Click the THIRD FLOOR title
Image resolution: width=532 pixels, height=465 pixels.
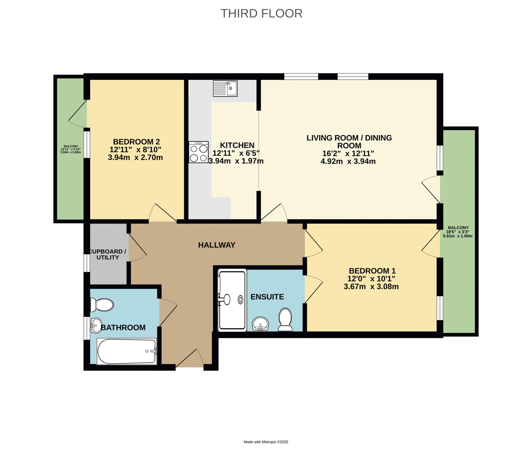point(262,14)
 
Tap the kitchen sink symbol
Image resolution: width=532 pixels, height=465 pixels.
point(225,88)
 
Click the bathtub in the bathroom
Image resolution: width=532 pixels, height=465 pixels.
point(127,351)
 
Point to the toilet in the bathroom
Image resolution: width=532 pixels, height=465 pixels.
point(102,305)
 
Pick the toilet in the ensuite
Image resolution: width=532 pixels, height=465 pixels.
point(285,319)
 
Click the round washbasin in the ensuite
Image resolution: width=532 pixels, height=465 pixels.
point(260,324)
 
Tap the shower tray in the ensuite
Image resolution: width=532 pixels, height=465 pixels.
point(232,300)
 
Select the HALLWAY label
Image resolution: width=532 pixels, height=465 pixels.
point(217,245)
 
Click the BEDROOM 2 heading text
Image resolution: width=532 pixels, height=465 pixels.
point(136,142)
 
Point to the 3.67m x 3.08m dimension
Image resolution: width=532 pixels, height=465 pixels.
point(371,287)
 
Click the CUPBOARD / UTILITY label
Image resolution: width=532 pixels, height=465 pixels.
point(107,255)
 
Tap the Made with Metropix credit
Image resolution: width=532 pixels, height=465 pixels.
point(266,442)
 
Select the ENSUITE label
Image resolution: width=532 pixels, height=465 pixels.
point(267,297)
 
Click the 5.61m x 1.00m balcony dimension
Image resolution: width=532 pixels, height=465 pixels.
point(458,236)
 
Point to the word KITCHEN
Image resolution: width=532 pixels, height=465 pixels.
point(237,145)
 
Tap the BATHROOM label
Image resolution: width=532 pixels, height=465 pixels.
point(123,328)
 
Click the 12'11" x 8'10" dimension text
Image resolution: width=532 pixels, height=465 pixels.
point(135,150)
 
